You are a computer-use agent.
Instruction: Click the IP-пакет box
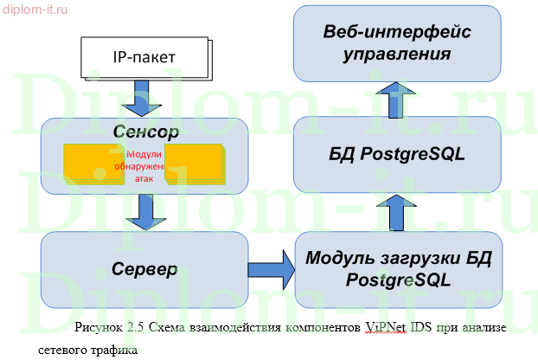click(144, 58)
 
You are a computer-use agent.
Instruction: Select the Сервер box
click(145, 268)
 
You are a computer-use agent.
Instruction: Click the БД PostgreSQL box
click(397, 155)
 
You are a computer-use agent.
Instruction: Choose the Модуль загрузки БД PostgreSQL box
click(397, 268)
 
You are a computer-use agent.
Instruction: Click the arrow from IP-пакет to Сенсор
click(137, 101)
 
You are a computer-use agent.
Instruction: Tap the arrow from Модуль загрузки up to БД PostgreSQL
click(394, 211)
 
